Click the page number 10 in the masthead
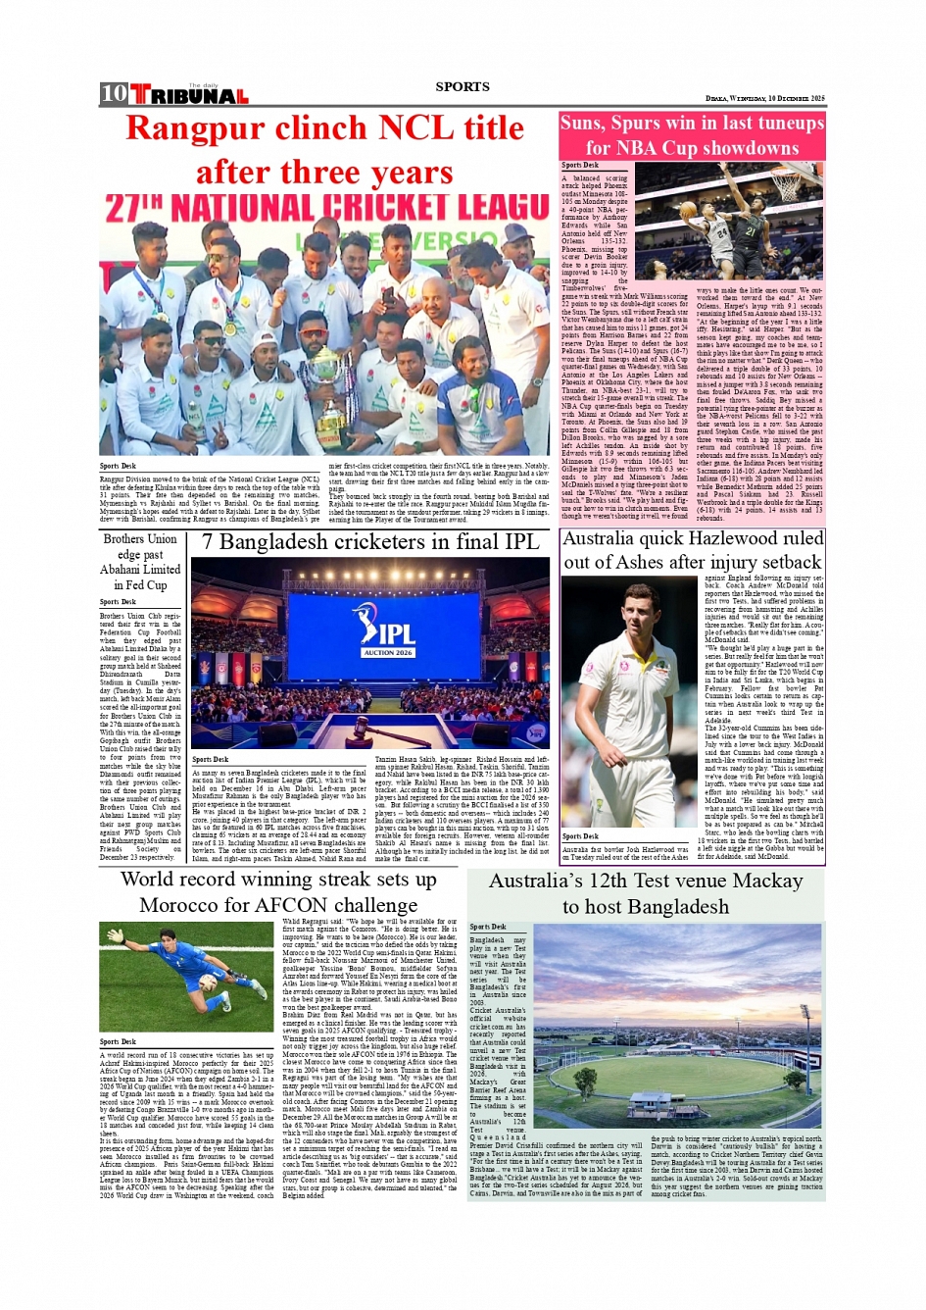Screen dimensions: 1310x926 coord(114,93)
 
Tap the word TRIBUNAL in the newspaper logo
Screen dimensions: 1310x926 coord(189,96)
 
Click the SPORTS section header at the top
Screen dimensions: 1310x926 coord(463,86)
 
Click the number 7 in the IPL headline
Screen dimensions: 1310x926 coord(208,542)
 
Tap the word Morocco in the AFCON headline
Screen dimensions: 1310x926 coord(182,905)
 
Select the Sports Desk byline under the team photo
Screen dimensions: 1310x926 coord(118,466)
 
